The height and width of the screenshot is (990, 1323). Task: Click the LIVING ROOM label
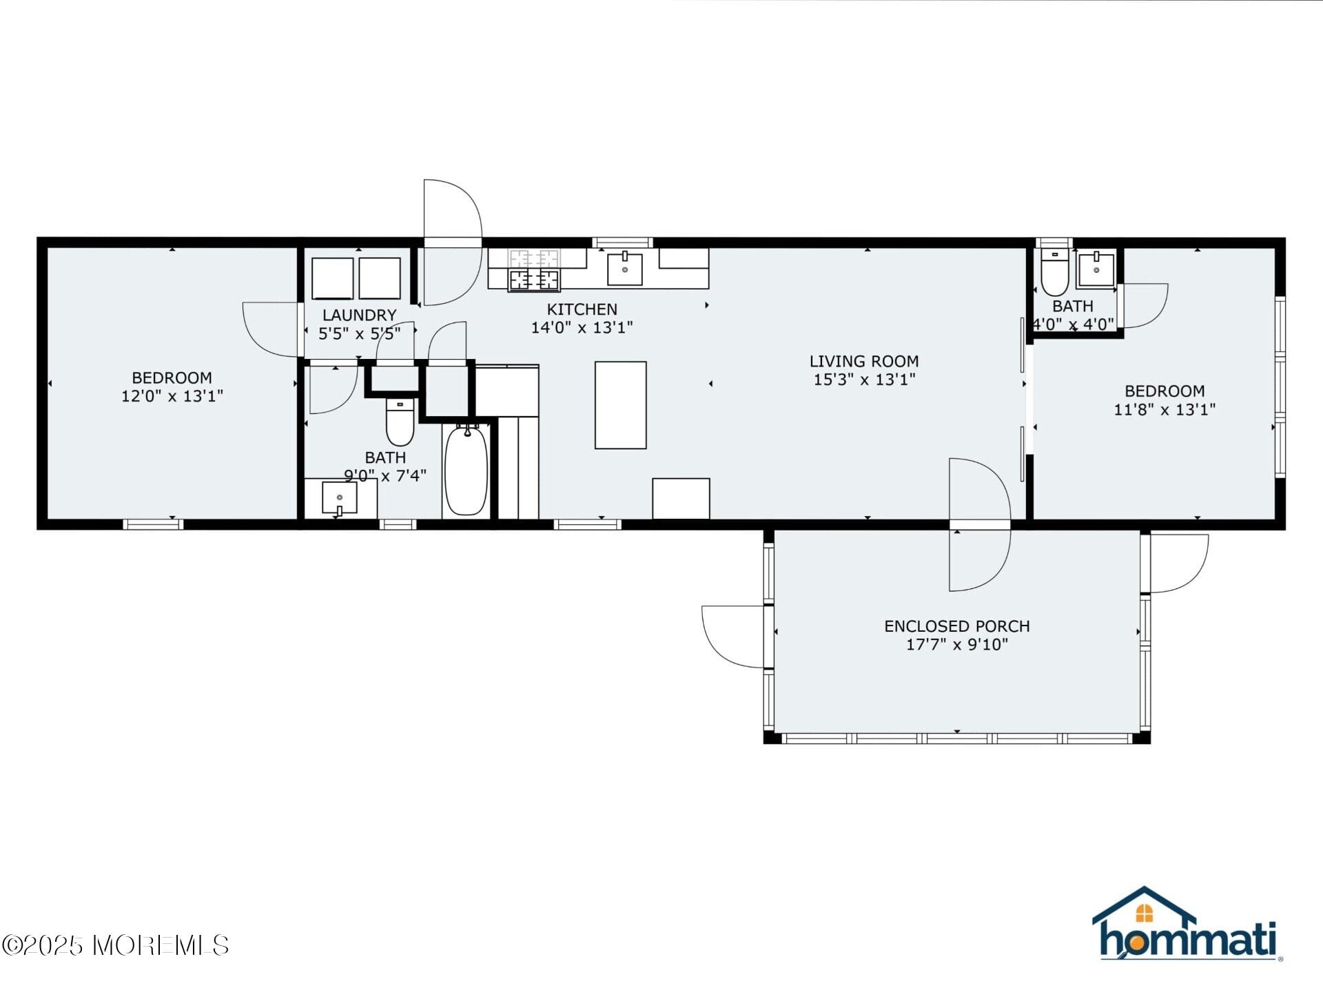point(863,361)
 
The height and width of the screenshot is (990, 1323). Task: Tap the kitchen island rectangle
point(620,405)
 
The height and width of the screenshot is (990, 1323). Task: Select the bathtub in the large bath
point(466,471)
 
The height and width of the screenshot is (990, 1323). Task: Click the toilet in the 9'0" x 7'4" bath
point(400,422)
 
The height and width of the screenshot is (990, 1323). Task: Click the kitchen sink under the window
point(624,269)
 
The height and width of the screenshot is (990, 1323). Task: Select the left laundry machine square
point(332,278)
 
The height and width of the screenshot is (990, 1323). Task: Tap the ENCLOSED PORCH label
point(956,626)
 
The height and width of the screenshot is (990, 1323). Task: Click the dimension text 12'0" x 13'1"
point(172,396)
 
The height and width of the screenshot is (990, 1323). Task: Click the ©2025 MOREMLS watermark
point(115,945)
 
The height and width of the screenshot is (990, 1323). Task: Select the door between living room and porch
point(979,525)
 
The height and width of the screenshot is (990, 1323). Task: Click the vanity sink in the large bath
point(340,497)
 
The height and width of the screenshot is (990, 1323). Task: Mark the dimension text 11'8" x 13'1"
point(1165,409)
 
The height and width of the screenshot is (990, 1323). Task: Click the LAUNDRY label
point(359,315)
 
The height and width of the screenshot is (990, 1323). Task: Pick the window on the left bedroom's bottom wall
point(153,524)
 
